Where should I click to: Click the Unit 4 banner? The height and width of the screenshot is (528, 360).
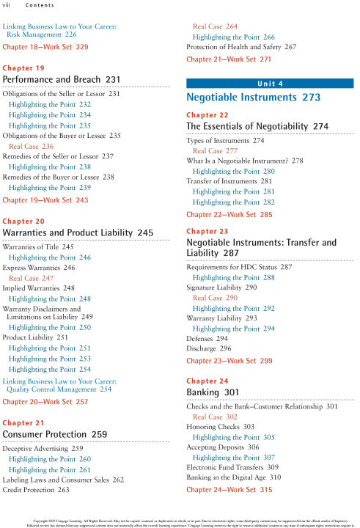click(271, 83)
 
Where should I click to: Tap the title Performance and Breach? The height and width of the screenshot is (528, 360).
click(56, 79)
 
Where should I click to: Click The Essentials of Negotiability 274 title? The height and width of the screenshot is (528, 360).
click(257, 127)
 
